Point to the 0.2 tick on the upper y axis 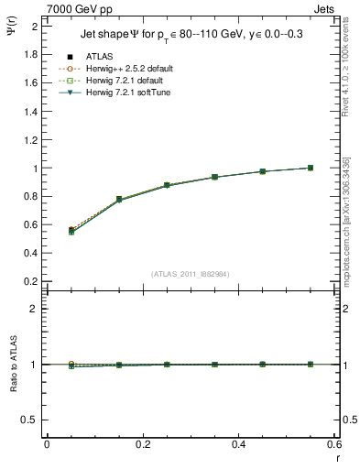point(34,281)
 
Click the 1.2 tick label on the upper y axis point(34,140)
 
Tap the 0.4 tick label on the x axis point(237,444)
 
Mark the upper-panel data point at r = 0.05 point(71,231)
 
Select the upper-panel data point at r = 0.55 point(311,168)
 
